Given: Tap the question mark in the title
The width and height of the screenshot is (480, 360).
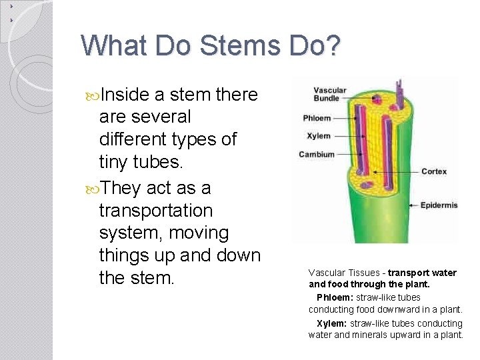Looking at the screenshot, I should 333,45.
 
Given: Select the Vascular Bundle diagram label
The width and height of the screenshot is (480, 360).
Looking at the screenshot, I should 330,95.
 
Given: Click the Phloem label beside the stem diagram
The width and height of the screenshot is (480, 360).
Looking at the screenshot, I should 317,118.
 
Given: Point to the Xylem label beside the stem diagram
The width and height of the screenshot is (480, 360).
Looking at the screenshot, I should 318,136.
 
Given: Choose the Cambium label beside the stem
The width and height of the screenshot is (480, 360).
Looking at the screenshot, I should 316,155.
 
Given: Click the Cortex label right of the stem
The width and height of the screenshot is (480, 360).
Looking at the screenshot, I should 434,171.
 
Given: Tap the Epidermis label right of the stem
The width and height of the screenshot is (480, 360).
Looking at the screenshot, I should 439,205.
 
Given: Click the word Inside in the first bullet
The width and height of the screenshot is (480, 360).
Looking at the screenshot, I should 123,95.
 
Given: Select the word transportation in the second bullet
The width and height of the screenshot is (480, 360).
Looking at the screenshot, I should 156,210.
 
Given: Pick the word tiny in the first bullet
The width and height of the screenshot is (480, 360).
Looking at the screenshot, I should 113,163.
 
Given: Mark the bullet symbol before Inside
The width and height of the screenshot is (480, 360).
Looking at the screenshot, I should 91,95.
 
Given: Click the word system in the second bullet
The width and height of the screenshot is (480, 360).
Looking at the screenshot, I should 130,233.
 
